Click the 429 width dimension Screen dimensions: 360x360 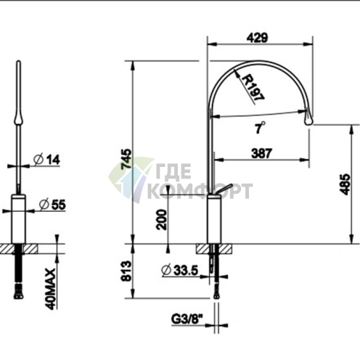coord(257,38)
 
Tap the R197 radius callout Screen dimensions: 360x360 coord(253,88)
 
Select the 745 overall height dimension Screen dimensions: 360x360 coord(126,159)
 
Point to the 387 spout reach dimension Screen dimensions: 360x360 coord(261,153)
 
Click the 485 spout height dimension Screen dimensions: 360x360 coord(345,184)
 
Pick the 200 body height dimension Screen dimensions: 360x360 coord(162,220)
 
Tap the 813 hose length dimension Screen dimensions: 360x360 coord(126,271)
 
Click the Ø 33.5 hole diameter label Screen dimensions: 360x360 coord(180,270)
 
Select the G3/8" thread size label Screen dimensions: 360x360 coord(187,319)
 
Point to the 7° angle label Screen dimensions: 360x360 coord(260,127)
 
